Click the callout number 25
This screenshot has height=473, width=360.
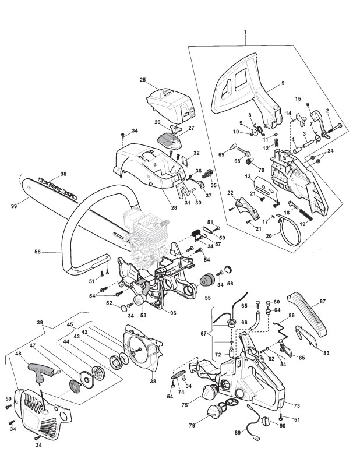point(143,80)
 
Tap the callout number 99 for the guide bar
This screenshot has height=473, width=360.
point(14,206)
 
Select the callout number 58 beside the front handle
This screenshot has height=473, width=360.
point(37,251)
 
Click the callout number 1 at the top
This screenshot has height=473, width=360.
point(245,31)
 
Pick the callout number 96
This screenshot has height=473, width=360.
point(173,313)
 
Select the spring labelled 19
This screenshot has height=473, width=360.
point(308,216)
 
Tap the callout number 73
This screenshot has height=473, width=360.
point(297,406)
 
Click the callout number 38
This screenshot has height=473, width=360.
point(153,382)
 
